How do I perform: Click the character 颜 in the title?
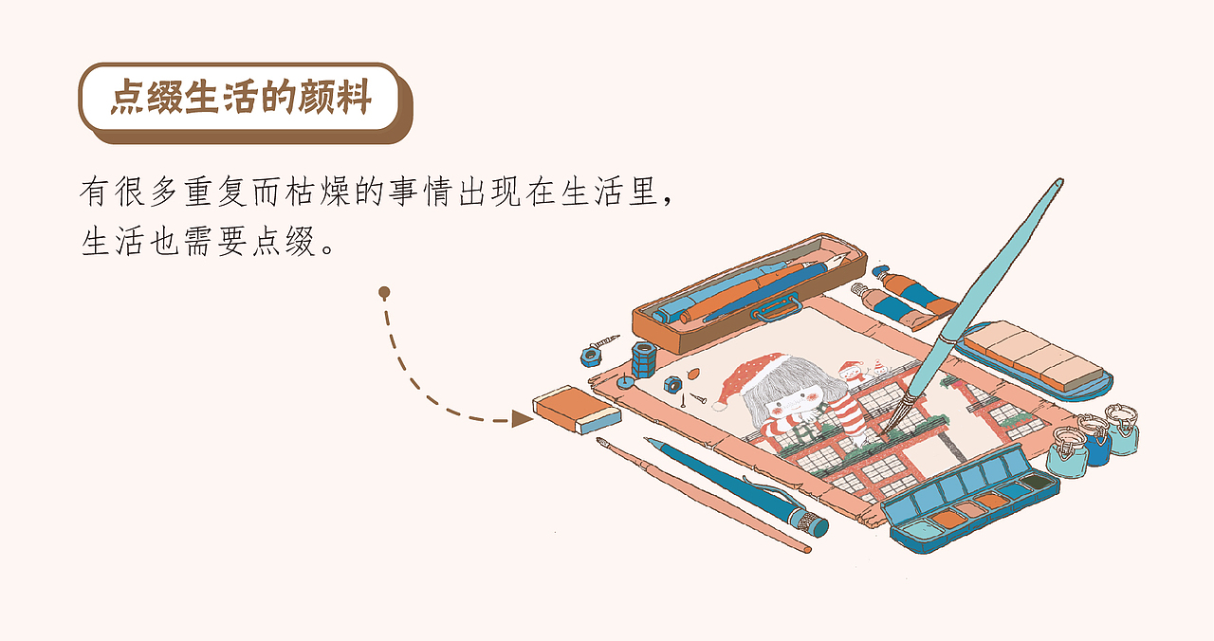[x=315, y=97]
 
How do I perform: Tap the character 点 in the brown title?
[x=128, y=97]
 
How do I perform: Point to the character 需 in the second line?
[x=199, y=241]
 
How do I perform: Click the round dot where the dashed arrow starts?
[x=384, y=293]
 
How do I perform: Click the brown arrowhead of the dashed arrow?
[x=522, y=418]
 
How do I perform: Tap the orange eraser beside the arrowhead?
[x=577, y=410]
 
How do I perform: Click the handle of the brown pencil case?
[x=776, y=308]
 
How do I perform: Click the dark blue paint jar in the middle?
[x=1094, y=440]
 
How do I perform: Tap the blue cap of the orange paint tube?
[x=881, y=271]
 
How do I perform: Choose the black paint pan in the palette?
[x=1037, y=481]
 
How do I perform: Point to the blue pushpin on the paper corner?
[x=625, y=381]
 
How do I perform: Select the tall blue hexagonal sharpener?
[x=644, y=359]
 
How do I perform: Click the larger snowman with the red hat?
[x=851, y=373]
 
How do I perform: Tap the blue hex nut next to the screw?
[x=591, y=357]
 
